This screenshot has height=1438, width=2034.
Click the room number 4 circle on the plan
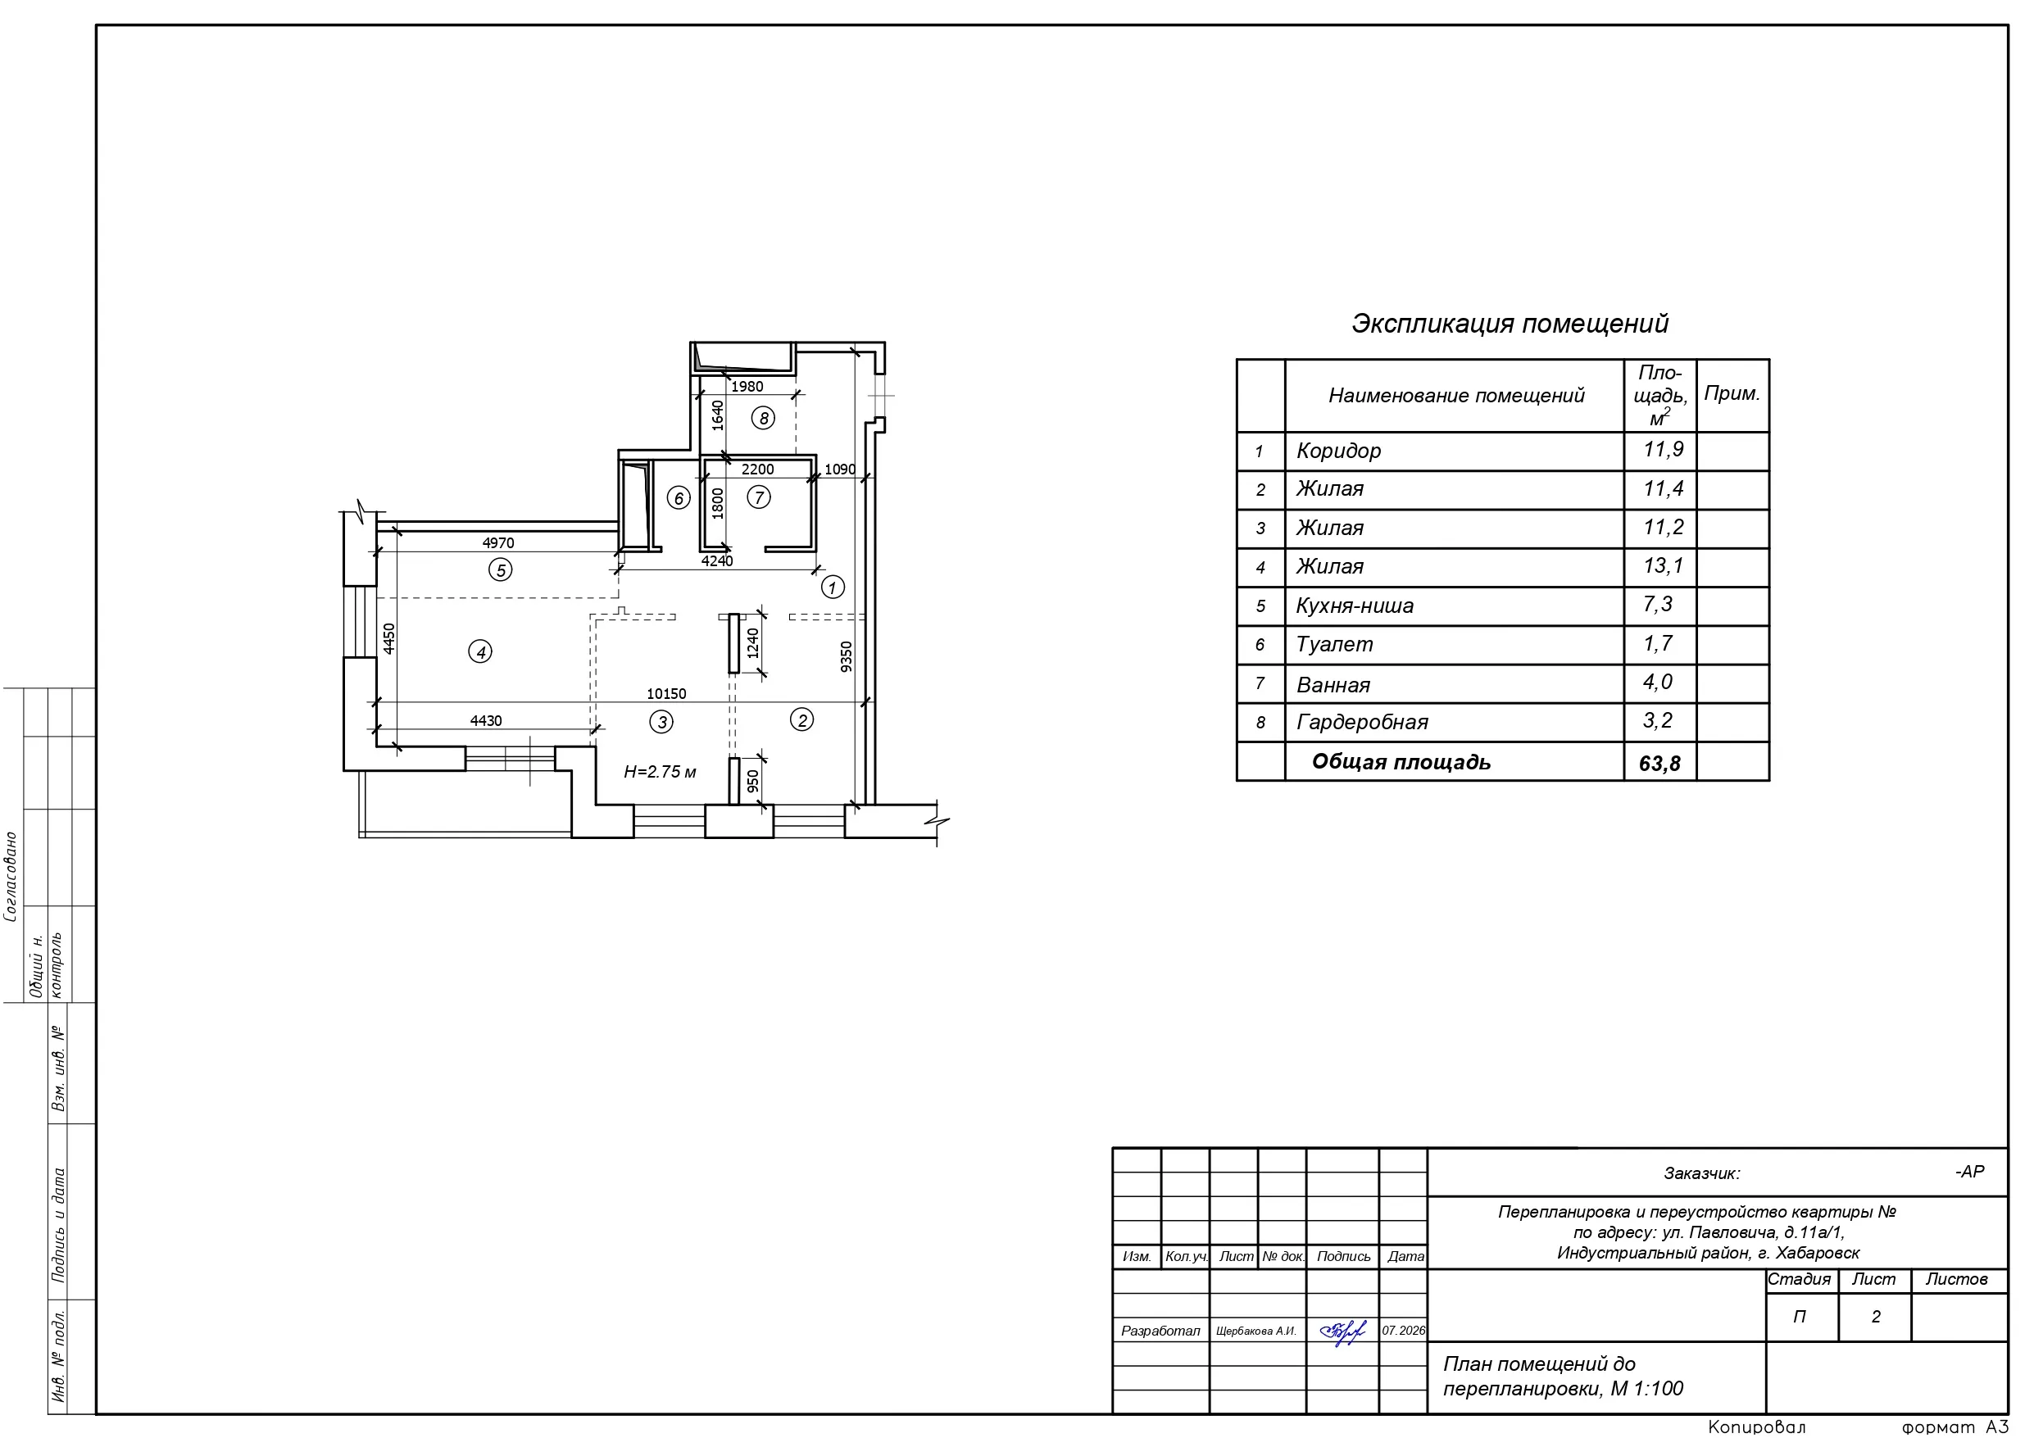(x=480, y=652)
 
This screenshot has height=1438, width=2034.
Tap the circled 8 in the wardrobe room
(x=763, y=418)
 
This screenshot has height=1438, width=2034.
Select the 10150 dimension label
(x=666, y=694)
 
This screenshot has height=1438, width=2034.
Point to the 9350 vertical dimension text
(x=846, y=656)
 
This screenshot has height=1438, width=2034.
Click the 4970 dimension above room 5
(x=498, y=543)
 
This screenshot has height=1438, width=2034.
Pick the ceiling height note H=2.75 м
(x=660, y=773)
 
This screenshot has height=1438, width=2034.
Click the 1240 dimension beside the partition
(x=753, y=643)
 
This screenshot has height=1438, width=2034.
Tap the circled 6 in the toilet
(x=679, y=498)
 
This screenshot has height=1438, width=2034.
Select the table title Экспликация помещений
(x=1510, y=324)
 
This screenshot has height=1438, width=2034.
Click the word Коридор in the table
(x=1338, y=451)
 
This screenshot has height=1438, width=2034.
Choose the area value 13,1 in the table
(x=1663, y=565)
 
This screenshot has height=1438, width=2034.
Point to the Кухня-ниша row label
(x=1355, y=606)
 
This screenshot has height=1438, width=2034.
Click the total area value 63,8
(x=1659, y=763)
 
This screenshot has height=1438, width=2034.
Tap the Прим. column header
(x=1732, y=394)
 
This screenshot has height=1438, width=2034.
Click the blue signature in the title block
(x=1343, y=1331)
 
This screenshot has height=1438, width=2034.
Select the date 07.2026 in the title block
(x=1404, y=1331)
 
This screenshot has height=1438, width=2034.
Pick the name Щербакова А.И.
(x=1256, y=1331)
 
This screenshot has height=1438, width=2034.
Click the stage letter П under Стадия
(x=1800, y=1318)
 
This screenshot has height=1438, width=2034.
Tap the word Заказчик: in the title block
(x=1702, y=1174)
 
